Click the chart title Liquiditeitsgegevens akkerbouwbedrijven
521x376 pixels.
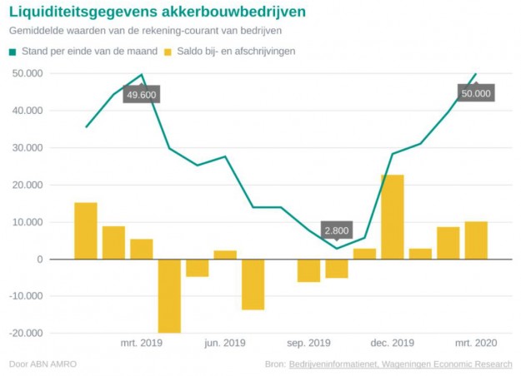(157, 12)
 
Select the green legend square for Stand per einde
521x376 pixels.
(13, 52)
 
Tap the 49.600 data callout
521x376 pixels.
(141, 95)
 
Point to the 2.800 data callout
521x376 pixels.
(336, 230)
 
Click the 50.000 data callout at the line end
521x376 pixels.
(476, 93)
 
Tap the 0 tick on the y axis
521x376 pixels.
(39, 260)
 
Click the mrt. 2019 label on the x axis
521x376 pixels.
(141, 343)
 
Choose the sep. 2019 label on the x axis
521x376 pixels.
(308, 343)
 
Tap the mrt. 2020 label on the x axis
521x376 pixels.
(476, 343)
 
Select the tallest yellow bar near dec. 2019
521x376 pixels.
(392, 217)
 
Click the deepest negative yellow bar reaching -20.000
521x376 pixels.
(169, 295)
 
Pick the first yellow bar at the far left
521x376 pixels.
(86, 231)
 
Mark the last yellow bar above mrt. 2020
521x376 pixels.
(476, 240)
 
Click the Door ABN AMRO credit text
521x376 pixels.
(38, 364)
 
